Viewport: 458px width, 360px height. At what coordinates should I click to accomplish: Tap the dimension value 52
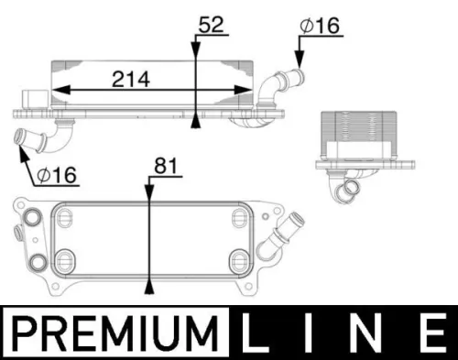tap(211, 25)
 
